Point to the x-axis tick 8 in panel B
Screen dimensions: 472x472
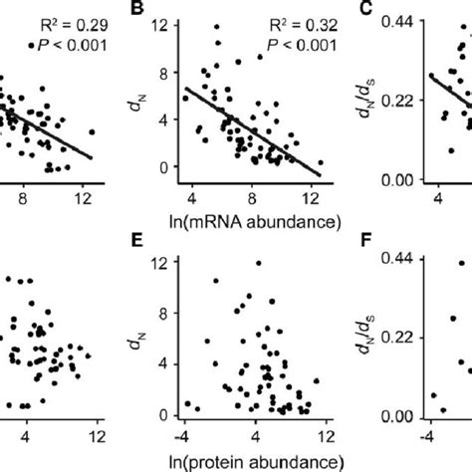pyautogui.click(x=254, y=198)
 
